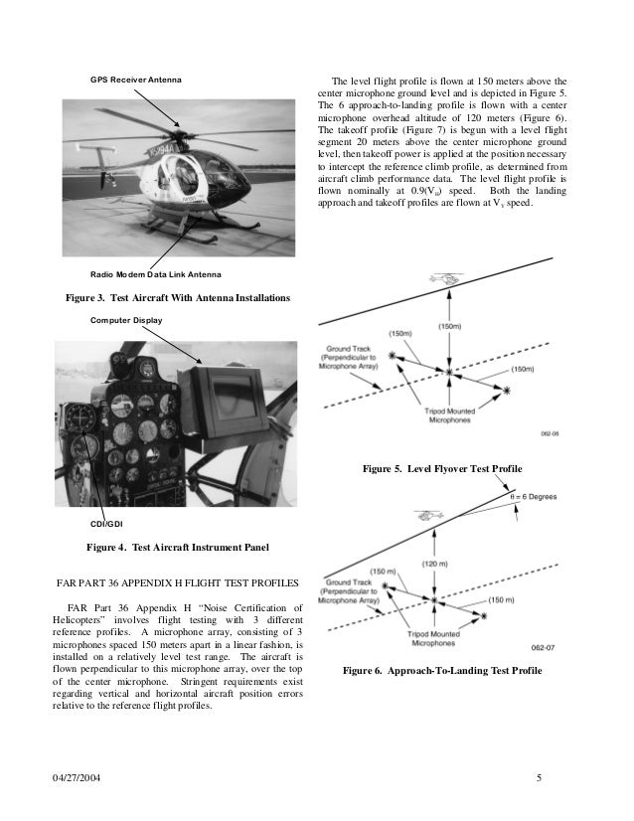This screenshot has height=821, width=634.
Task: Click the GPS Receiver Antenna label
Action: [x=134, y=78]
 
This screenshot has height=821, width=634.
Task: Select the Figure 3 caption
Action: [x=177, y=297]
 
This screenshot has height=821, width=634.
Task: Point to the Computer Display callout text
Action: [x=126, y=320]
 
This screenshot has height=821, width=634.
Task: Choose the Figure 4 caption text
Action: [x=178, y=547]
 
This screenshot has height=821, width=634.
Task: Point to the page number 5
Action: [x=538, y=776]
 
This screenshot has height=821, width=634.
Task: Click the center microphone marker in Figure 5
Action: [x=449, y=374]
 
